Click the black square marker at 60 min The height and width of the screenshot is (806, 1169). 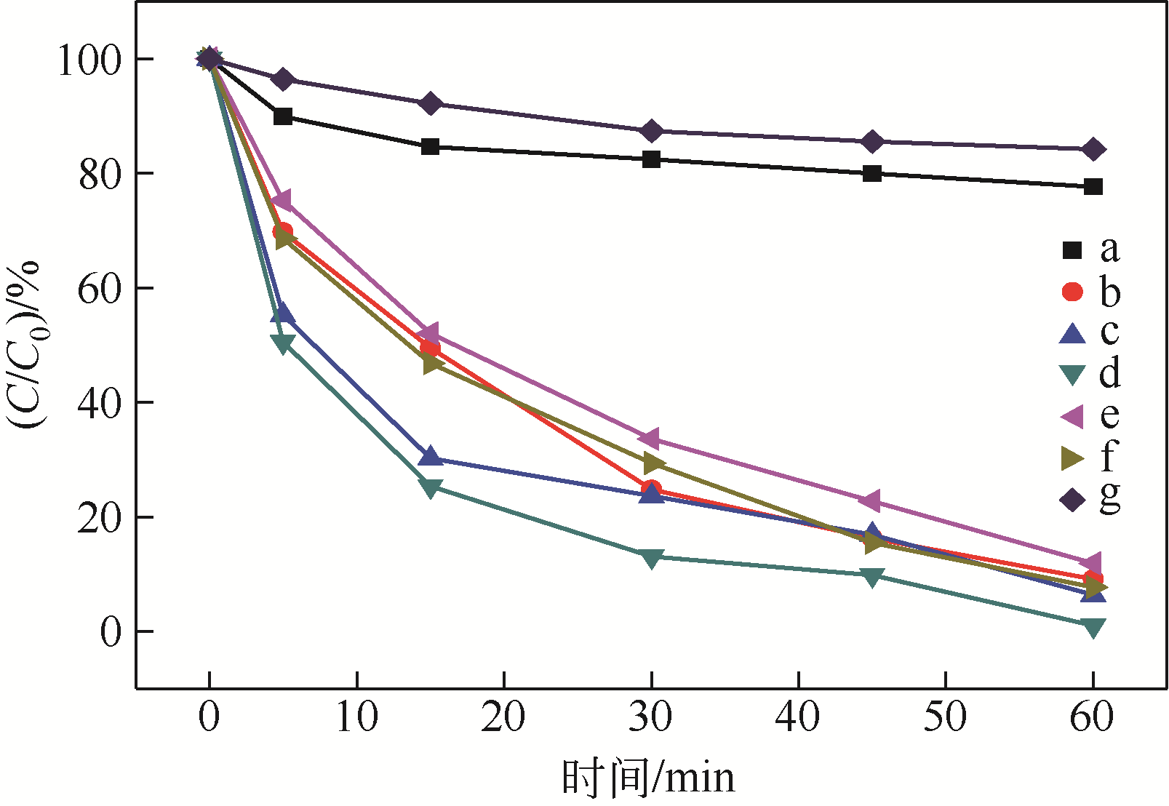(1093, 187)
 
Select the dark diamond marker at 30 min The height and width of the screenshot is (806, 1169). (651, 132)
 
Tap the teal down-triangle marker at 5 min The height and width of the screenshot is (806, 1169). (283, 343)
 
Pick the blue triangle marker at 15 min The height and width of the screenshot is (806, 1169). (431, 457)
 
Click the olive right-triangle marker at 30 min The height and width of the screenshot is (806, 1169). (653, 463)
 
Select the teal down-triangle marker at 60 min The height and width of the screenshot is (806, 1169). (1093, 628)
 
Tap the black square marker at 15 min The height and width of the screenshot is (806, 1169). (430, 146)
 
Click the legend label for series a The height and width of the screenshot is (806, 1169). (1109, 250)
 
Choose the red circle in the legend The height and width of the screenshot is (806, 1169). (1072, 291)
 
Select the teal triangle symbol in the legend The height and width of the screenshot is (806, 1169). (1072, 375)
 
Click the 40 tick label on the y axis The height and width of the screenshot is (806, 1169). (100, 403)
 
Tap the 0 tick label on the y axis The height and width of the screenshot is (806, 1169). (111, 632)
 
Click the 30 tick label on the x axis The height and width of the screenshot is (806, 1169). (651, 717)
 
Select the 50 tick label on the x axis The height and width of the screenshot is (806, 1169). (945, 717)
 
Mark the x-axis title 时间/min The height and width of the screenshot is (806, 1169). (648, 778)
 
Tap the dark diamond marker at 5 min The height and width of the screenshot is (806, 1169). (283, 79)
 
